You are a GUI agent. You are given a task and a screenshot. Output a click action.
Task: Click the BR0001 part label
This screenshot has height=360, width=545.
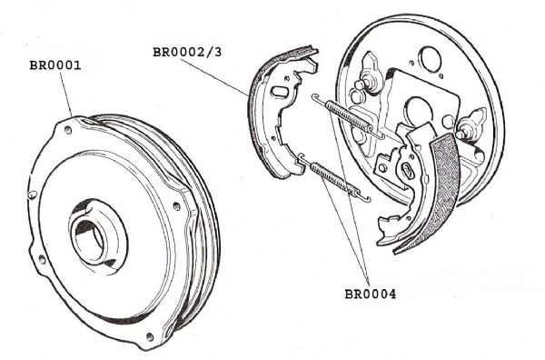click(x=55, y=65)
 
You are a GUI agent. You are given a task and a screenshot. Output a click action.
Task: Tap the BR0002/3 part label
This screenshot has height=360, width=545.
click(x=187, y=52)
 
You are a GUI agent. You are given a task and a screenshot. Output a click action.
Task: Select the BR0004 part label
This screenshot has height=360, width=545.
click(x=371, y=295)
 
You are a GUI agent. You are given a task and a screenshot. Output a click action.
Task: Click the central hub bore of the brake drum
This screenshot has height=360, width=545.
click(x=90, y=240)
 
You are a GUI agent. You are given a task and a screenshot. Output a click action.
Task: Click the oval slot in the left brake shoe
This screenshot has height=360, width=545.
click(x=279, y=92)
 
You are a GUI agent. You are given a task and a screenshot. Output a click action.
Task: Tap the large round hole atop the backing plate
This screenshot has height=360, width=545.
click(x=431, y=58)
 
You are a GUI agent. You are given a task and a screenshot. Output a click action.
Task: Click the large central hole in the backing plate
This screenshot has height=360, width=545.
click(x=418, y=110)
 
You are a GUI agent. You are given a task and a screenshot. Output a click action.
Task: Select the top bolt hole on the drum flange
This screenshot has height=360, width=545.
click(x=68, y=131)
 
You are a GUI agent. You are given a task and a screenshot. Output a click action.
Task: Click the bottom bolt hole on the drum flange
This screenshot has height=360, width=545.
click(x=150, y=336)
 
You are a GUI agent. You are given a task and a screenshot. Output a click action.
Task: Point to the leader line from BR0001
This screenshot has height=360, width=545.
click(x=66, y=94)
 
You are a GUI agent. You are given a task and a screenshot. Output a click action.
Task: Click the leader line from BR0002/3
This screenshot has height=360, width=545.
click(x=214, y=77)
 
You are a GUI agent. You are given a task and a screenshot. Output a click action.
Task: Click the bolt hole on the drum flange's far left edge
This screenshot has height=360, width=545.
click(x=33, y=194)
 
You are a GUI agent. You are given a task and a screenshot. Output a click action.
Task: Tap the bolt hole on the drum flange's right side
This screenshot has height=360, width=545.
click(x=176, y=206)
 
